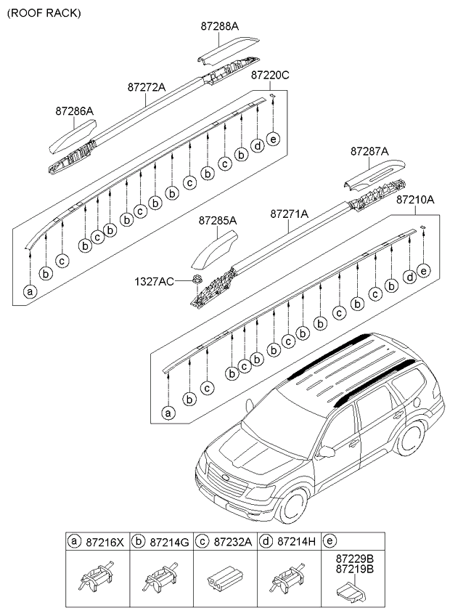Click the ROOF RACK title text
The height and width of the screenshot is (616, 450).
(43, 13)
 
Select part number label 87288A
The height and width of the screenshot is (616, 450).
(219, 26)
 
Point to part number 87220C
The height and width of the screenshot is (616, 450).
(270, 74)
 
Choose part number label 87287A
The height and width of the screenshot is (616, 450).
(369, 151)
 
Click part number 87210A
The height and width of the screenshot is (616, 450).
(415, 198)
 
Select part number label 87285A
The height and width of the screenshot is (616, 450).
(218, 219)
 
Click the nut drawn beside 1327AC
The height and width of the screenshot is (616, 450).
(197, 280)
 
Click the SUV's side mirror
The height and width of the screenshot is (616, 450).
(325, 451)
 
